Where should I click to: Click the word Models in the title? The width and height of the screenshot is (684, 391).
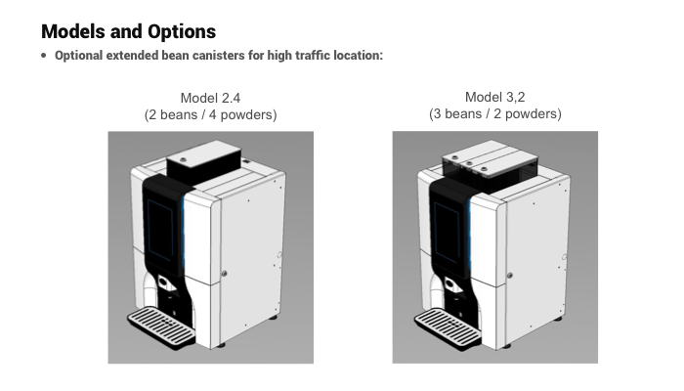coord(73,31)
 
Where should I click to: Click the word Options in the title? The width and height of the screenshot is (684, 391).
coord(182,31)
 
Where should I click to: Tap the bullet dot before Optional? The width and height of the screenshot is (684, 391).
coord(44,56)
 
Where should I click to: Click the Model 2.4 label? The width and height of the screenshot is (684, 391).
coord(210,98)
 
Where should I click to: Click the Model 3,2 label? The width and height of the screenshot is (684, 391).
coord(495,97)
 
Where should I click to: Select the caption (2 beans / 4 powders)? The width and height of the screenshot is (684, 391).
coord(211,114)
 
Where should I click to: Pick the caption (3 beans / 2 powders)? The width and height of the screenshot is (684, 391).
coord(495,114)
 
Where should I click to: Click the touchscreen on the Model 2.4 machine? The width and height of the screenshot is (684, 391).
coord(160,230)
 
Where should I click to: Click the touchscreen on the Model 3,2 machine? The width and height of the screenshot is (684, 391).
coord(447,233)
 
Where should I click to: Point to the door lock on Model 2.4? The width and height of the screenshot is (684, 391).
coord(224,274)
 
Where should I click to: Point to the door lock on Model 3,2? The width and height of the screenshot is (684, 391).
coord(509,276)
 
